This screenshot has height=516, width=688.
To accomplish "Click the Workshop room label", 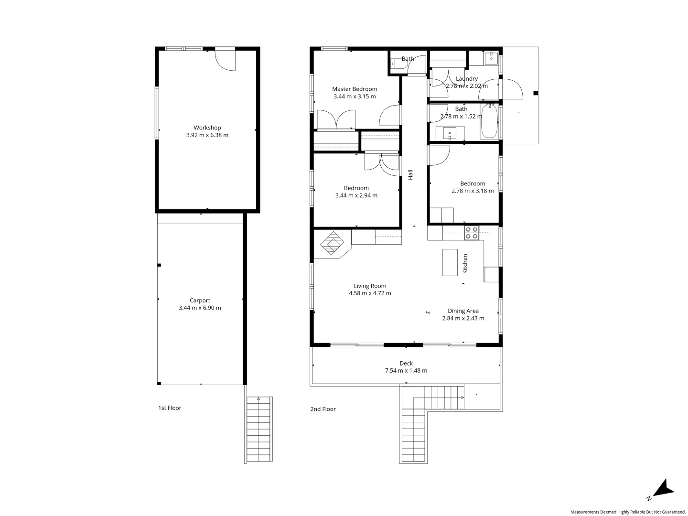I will point(207,128).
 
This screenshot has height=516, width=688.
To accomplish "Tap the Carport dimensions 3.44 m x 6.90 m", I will point(200,308).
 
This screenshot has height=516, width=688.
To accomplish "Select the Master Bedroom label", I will point(355,89).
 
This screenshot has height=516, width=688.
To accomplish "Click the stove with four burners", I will point(472,233).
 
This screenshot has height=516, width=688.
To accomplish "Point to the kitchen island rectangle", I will point(450,262).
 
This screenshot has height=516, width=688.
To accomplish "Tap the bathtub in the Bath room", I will point(489,121).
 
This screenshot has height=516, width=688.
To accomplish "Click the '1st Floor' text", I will point(170,408).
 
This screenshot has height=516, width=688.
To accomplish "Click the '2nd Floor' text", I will point(323,409).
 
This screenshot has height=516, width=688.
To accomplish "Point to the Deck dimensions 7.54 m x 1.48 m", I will point(406,371).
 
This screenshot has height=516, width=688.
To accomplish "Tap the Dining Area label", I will point(463,311).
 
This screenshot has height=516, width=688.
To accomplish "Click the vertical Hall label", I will point(410,175).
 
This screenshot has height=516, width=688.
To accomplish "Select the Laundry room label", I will point(467,79).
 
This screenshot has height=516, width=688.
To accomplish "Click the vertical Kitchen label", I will point(465,264).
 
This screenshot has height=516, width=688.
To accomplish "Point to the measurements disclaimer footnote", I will point(628,512).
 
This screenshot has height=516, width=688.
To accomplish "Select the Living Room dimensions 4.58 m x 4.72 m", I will point(370,293).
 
